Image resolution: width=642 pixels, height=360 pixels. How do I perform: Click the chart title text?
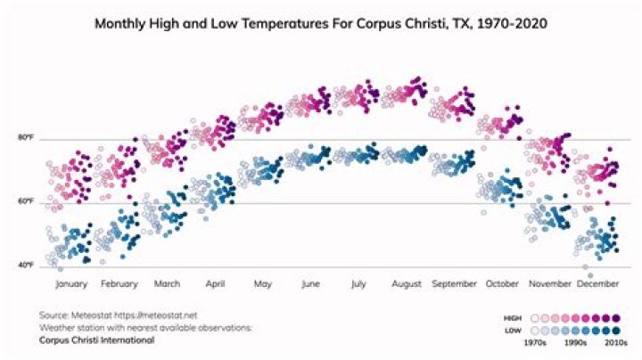[321, 24]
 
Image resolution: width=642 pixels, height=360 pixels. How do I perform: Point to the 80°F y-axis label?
[25, 138]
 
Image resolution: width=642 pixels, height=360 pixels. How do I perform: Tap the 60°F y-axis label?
[25, 202]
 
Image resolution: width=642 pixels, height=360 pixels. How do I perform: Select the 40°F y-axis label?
[25, 266]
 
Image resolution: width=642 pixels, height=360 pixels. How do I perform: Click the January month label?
[71, 284]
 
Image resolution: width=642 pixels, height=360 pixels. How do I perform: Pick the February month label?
[119, 284]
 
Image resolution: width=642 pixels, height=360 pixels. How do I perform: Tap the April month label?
[215, 284]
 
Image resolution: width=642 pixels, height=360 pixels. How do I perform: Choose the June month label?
[310, 284]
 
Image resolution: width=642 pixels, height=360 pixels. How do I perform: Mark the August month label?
[406, 284]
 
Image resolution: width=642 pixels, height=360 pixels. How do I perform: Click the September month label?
[455, 284]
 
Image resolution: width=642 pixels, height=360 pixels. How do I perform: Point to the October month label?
[502, 284]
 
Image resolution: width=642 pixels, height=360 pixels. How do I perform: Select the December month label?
[597, 284]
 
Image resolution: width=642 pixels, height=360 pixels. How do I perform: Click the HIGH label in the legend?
[513, 316]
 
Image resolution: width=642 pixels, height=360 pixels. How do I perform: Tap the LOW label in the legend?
[514, 329]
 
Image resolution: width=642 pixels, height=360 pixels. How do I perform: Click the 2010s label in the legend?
[614, 341]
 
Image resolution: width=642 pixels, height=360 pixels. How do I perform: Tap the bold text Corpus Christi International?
[96, 340]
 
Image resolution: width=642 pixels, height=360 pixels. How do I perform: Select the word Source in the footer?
[52, 315]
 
